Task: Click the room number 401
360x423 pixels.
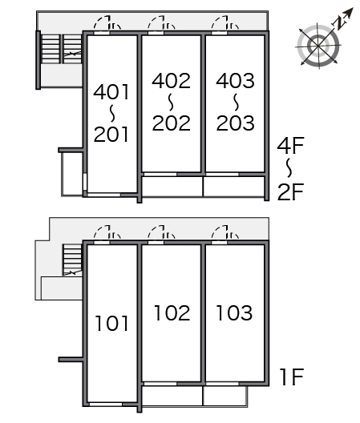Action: (x=111, y=92)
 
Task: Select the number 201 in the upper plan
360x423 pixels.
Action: (x=111, y=135)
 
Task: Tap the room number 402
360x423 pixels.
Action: (x=172, y=81)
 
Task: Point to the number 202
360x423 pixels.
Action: (x=172, y=123)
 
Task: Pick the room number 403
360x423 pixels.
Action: (x=235, y=81)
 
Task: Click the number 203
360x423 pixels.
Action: (x=235, y=123)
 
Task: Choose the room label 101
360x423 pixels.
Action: (x=111, y=324)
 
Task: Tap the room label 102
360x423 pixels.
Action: (x=172, y=313)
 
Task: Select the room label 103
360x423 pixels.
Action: (x=235, y=313)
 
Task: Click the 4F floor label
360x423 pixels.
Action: (x=290, y=146)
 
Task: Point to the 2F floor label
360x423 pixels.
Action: (x=290, y=191)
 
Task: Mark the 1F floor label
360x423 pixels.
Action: (x=293, y=377)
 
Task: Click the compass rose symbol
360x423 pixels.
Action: (x=318, y=46)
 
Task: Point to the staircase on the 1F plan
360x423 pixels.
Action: (x=72, y=260)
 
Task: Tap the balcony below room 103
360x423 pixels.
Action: (x=225, y=396)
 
